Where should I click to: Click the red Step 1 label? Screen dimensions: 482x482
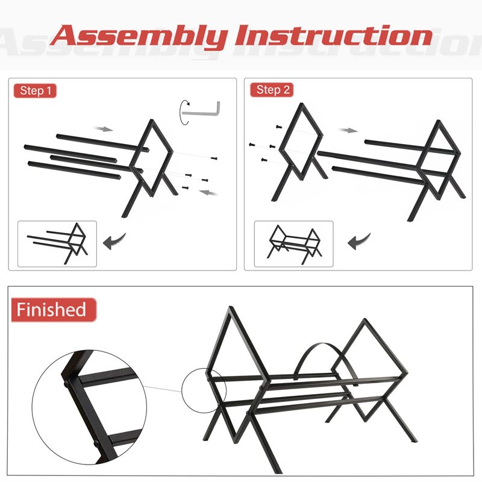[35, 91]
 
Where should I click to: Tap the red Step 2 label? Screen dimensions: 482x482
[272, 90]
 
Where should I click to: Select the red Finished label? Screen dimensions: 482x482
[54, 310]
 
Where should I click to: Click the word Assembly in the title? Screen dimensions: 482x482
[140, 36]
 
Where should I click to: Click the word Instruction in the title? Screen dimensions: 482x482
[334, 36]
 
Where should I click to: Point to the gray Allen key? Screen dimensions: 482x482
[201, 110]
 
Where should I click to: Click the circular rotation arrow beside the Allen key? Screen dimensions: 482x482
[184, 112]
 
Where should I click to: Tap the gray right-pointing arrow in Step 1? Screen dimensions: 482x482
[104, 129]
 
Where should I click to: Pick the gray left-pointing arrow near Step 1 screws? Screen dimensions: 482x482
[208, 193]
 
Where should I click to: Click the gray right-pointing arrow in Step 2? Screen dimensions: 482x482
[348, 130]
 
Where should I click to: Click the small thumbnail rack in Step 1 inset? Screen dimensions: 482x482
[57, 243]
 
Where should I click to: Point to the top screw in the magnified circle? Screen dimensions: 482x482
[66, 384]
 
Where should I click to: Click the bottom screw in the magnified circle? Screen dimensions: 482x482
[96, 443]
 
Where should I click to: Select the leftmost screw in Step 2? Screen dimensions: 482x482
[252, 145]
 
